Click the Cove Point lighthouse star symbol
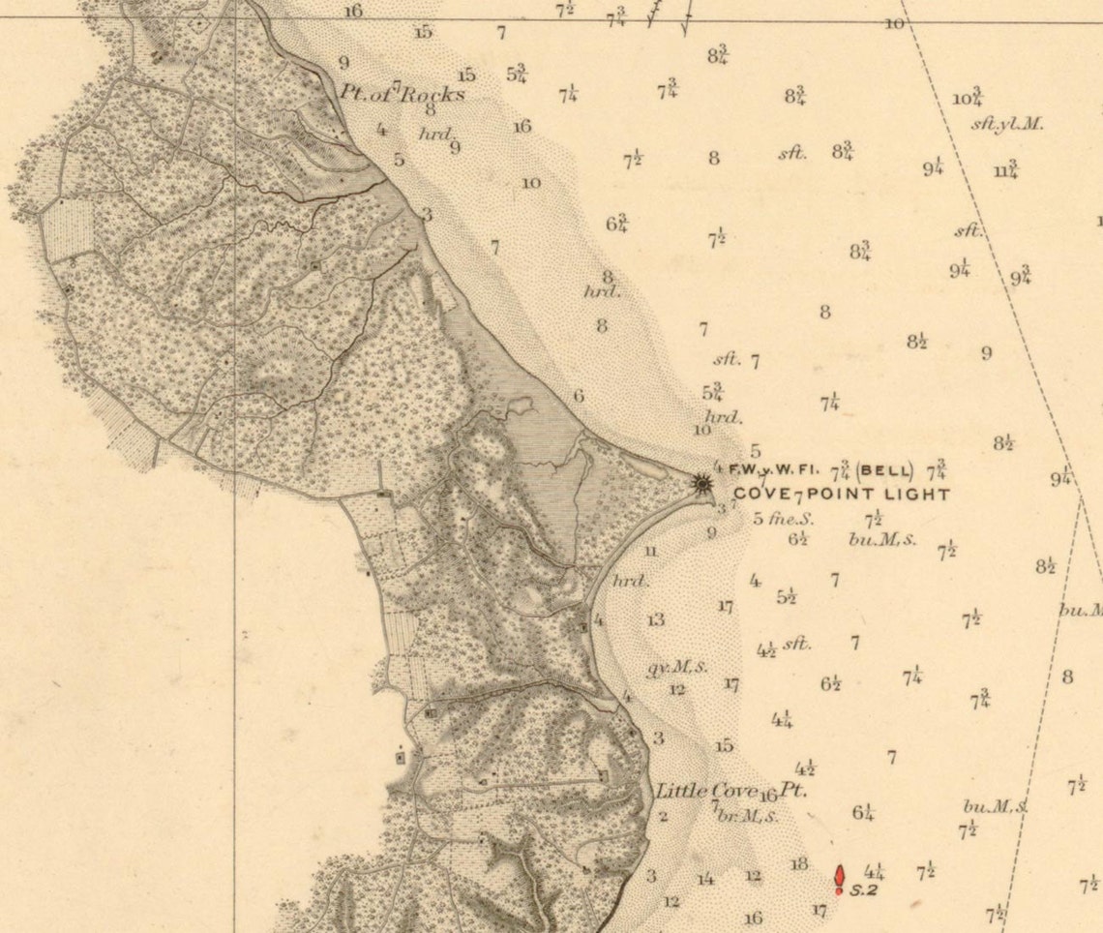point(701,481)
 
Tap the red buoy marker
point(840,877)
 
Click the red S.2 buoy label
point(863,890)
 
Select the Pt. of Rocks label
point(402,94)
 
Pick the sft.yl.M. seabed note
point(1007,125)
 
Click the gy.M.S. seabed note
point(676,667)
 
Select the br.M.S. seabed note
point(747,816)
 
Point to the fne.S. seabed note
point(790,518)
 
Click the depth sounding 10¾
point(968,98)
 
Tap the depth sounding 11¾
point(1005,170)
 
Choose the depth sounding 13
point(656,619)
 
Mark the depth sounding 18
point(798,864)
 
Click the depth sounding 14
point(706,879)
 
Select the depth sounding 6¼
point(863,813)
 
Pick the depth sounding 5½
point(786,597)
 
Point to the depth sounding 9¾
point(1021,276)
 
